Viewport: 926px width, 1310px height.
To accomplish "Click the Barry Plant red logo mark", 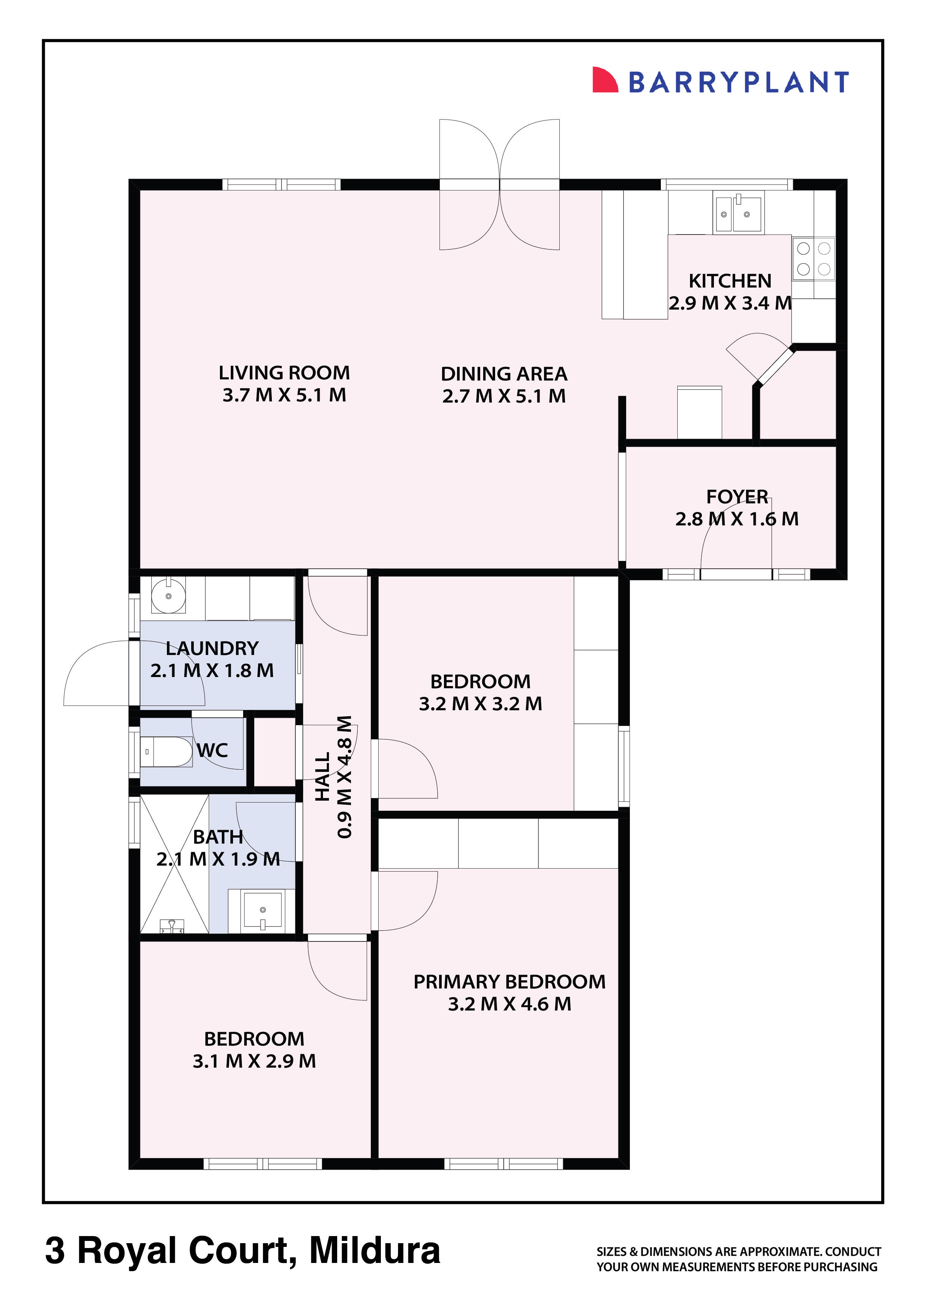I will pos(604,80).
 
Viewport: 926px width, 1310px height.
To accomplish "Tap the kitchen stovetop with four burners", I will pos(813,258).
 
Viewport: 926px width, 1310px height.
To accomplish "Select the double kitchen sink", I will pos(738,213).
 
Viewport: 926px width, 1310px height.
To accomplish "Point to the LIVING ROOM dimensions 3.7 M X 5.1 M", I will pos(284,395).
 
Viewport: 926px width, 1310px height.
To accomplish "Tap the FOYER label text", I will pos(737,496).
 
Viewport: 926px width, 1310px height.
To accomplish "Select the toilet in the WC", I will pos(165,751).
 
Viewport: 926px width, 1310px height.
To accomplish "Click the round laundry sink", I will pos(168,596).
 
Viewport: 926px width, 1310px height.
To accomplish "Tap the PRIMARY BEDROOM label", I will pos(509,981).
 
